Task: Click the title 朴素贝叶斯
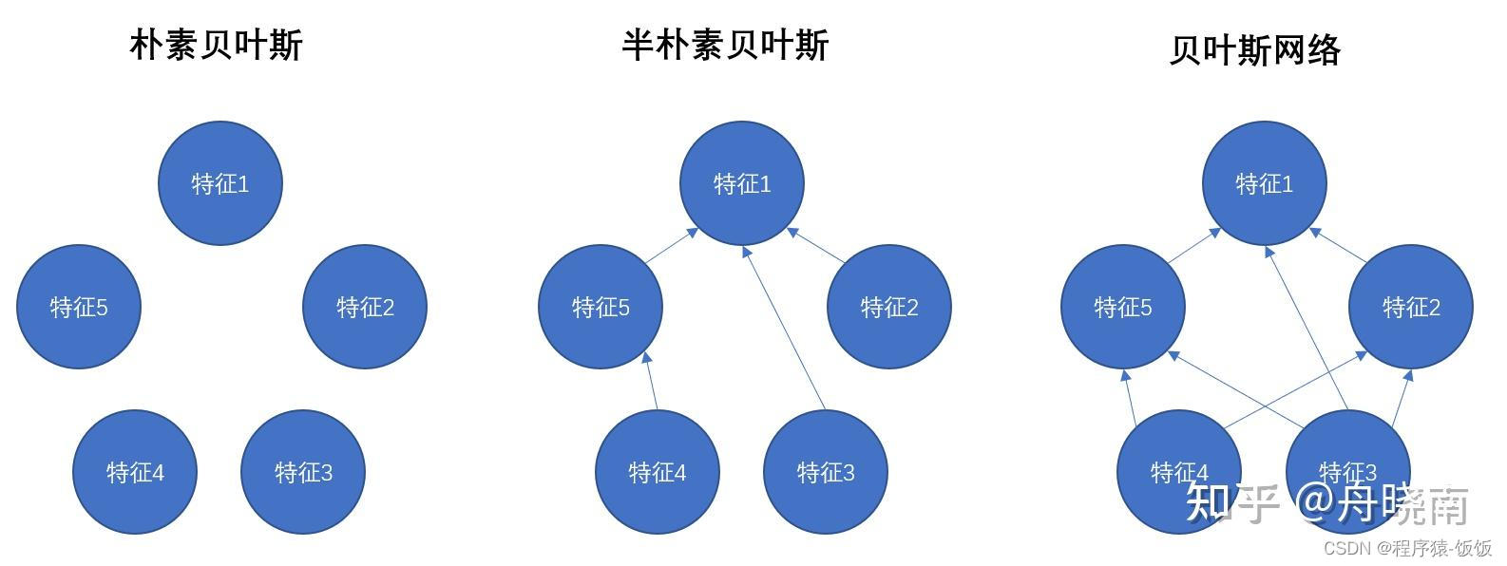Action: pyautogui.click(x=216, y=46)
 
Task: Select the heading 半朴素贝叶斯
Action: pyautogui.click(x=725, y=46)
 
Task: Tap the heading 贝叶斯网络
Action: pyautogui.click(x=1254, y=50)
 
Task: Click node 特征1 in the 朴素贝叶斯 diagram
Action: pyautogui.click(x=219, y=183)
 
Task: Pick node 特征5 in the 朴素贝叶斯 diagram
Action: pyautogui.click(x=79, y=307)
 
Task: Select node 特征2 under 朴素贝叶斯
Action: pyautogui.click(x=365, y=307)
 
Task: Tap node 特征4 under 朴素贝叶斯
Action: pyautogui.click(x=135, y=472)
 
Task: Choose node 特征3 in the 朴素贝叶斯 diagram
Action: pyautogui.click(x=303, y=472)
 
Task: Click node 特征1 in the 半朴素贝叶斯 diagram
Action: pyautogui.click(x=742, y=183)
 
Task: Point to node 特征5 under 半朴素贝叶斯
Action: pyautogui.click(x=601, y=307)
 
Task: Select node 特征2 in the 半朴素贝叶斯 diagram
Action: pyautogui.click(x=889, y=307)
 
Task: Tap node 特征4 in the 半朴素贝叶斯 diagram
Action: pyautogui.click(x=658, y=472)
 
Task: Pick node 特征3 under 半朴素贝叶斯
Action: pyautogui.click(x=826, y=472)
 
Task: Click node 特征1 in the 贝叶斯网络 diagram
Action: pyautogui.click(x=1264, y=183)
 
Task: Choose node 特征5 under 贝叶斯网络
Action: pyautogui.click(x=1122, y=307)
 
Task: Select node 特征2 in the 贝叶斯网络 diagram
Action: pyautogui.click(x=1411, y=307)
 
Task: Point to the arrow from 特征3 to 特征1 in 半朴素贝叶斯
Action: pyautogui.click(x=784, y=328)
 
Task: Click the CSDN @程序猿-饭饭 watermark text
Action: pyautogui.click(x=1407, y=549)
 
